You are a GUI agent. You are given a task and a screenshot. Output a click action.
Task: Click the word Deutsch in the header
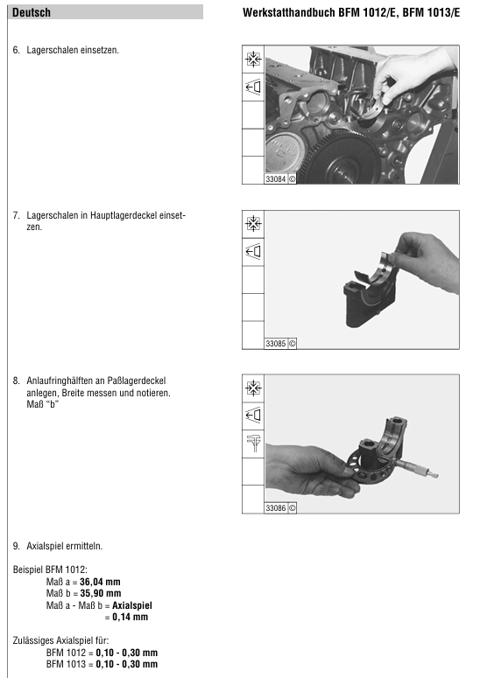(32, 12)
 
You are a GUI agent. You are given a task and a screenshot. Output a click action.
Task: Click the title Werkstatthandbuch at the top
(289, 12)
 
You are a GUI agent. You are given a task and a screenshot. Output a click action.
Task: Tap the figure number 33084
(275, 179)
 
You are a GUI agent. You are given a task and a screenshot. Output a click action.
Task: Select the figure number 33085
(275, 343)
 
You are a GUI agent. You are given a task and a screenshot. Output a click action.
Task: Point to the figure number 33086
(275, 508)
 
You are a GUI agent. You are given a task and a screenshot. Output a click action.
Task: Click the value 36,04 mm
(100, 582)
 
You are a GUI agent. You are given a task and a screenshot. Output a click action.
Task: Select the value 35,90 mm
(101, 594)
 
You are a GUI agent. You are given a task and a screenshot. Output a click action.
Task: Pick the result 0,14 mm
(130, 617)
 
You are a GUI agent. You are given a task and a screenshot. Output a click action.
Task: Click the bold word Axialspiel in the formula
(132, 605)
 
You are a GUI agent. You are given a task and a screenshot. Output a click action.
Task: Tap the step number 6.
(16, 51)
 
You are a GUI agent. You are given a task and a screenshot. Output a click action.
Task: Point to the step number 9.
(16, 547)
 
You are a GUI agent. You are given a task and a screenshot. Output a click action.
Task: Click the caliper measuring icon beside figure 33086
(254, 443)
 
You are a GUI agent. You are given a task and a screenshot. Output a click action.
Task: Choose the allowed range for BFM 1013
(126, 664)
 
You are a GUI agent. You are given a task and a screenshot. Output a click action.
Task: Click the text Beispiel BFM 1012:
(50, 570)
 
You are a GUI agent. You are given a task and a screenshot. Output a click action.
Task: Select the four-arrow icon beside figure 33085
(253, 224)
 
